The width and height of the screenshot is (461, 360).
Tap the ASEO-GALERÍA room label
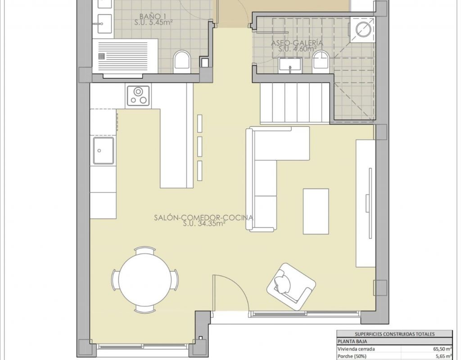(x=297, y=43)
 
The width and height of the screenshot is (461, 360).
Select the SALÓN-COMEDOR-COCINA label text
(x=203, y=217)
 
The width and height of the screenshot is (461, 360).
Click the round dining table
(x=145, y=279)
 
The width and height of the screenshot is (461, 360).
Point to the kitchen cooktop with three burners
(x=138, y=96)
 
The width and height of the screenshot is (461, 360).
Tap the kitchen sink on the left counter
(x=104, y=151)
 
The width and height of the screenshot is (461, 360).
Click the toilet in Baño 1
(x=182, y=62)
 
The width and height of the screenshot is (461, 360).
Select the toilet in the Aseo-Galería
(x=320, y=61)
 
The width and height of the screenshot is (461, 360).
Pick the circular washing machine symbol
(x=364, y=29)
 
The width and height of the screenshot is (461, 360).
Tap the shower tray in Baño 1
(x=125, y=56)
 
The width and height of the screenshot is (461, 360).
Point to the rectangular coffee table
(x=316, y=211)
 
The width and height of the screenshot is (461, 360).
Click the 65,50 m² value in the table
(x=443, y=349)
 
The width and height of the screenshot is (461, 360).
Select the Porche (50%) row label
(x=352, y=356)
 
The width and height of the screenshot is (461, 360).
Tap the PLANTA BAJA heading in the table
(x=352, y=341)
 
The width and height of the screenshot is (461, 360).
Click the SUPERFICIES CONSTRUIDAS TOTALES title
(x=394, y=334)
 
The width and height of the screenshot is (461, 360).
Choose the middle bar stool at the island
(x=200, y=146)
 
